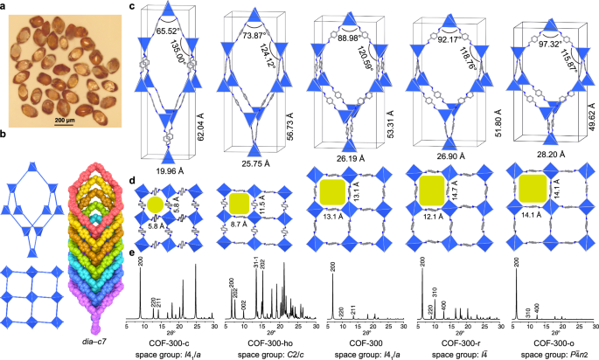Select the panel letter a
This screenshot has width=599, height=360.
click(4, 6)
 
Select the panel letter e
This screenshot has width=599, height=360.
click(131, 255)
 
